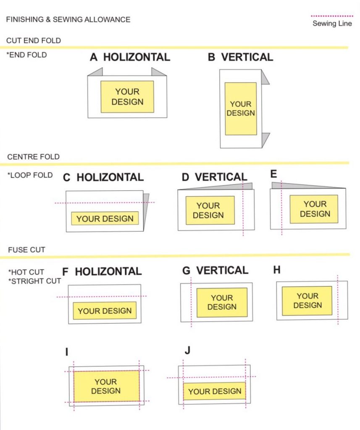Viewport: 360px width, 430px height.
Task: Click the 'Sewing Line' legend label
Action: coord(332,24)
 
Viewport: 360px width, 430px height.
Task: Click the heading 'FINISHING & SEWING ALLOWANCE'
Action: coord(68,19)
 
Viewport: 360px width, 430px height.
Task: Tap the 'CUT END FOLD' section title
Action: coord(34,41)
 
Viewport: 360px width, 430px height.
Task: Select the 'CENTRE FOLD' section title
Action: coord(34,157)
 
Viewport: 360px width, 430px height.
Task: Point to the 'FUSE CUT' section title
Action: coord(26,250)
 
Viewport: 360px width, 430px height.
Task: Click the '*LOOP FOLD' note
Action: coord(30,176)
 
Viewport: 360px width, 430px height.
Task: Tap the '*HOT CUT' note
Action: coord(26,272)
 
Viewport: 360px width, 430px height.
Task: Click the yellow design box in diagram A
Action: coord(127,97)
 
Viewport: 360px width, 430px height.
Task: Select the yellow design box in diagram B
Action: coord(241,108)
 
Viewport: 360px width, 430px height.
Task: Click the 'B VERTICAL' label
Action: coord(240,57)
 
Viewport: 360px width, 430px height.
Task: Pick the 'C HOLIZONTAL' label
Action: coord(103,177)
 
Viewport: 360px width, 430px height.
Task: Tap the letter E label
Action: coord(274,174)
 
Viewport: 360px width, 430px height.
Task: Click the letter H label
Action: coord(277,270)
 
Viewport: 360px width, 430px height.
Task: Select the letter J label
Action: coord(187,350)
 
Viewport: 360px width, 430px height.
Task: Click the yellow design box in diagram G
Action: coord(222,302)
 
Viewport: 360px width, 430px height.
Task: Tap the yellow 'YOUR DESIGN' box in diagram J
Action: coord(215,391)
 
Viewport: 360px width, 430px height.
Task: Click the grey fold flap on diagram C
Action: coord(146,210)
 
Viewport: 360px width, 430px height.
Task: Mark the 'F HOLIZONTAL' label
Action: coord(102,272)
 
